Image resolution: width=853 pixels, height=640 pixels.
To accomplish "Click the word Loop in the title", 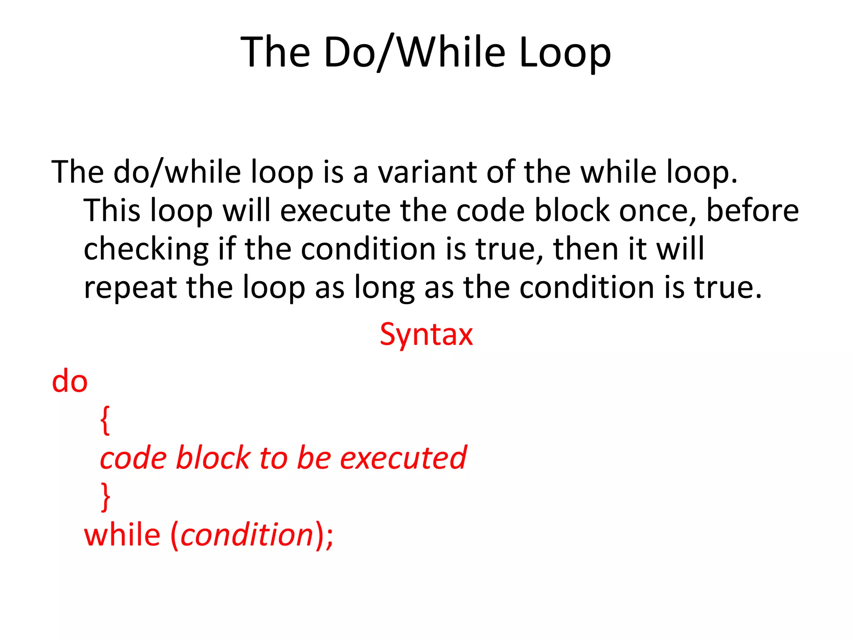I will pyautogui.click(x=565, y=52).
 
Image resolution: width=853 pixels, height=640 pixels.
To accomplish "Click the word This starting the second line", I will pyautogui.click(x=111, y=210).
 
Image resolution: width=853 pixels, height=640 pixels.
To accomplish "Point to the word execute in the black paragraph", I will pyautogui.click(x=335, y=210).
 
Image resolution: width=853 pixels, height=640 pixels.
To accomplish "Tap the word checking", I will pyautogui.click(x=146, y=249).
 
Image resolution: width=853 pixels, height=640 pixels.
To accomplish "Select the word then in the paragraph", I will pyautogui.click(x=585, y=249).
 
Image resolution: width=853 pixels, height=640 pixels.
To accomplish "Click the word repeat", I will pyautogui.click(x=130, y=287).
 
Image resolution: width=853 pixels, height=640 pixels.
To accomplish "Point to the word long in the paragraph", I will pyautogui.click(x=384, y=287).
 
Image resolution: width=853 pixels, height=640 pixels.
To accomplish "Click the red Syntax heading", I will pyautogui.click(x=426, y=334).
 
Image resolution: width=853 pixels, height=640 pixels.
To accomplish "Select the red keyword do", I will pyautogui.click(x=70, y=381).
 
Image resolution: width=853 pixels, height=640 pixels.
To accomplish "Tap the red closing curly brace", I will pyautogui.click(x=105, y=497).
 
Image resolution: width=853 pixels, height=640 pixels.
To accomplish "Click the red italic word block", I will pyautogui.click(x=212, y=458).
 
